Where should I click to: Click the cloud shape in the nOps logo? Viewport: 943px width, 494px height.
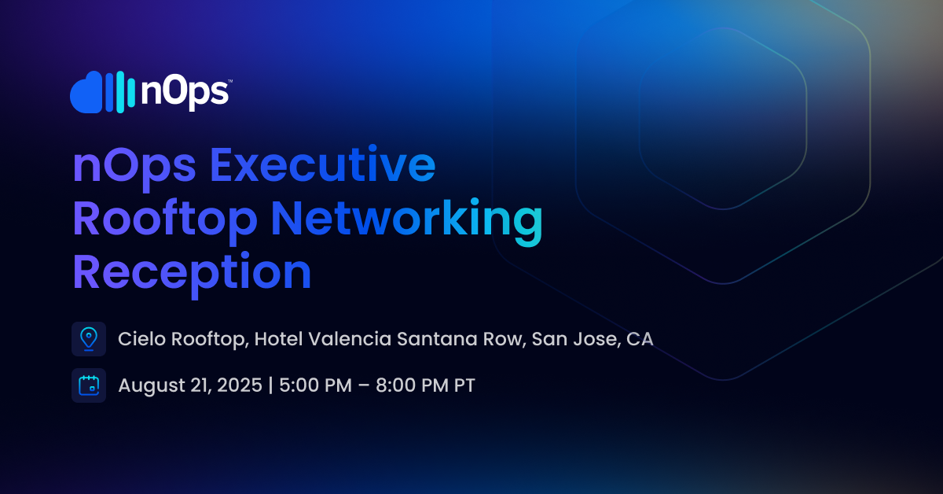86,92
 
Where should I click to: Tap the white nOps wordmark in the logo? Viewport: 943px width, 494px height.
185,93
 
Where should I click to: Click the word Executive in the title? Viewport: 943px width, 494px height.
322,164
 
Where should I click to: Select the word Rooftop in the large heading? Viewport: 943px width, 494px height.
164,221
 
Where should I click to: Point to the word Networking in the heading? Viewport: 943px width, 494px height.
406,222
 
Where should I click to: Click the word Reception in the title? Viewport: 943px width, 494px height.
192,275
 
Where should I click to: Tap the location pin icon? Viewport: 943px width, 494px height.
89,339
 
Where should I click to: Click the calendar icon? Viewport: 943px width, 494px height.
89,385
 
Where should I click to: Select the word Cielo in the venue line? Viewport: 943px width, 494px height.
142,339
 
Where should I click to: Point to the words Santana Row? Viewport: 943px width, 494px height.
461,340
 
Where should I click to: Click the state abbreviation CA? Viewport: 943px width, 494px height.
640,339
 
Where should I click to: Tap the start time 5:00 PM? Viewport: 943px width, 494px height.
315,385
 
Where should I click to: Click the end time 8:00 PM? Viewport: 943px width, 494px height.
412,385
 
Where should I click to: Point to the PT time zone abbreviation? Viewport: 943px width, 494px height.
464,385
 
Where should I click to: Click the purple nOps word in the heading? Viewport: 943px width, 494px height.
134,168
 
